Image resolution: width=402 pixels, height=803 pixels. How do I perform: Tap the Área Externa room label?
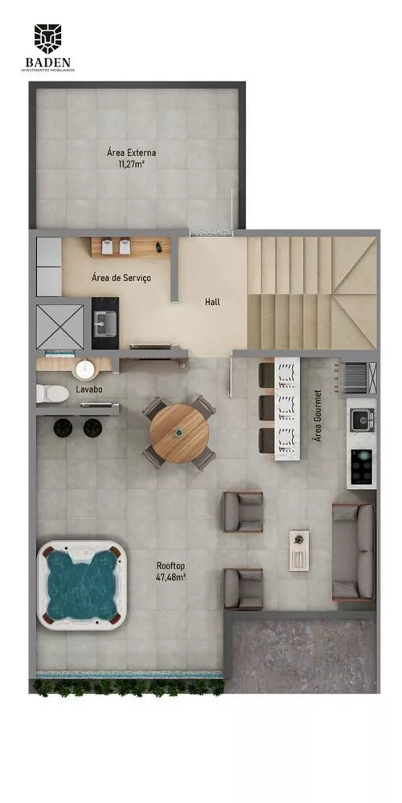tap(131, 152)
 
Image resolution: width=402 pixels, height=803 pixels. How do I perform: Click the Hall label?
tap(211, 302)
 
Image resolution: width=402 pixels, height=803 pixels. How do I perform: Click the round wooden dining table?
tap(179, 433)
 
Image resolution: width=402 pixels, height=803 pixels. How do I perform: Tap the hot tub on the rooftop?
tap(82, 585)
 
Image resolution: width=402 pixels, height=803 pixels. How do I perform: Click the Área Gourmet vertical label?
tap(318, 417)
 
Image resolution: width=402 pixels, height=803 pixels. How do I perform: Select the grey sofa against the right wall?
tap(354, 552)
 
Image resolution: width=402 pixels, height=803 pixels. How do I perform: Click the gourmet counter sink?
tap(362, 418)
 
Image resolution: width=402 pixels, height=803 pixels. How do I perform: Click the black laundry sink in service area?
tap(105, 322)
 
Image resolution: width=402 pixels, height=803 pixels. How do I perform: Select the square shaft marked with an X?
tap(59, 327)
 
